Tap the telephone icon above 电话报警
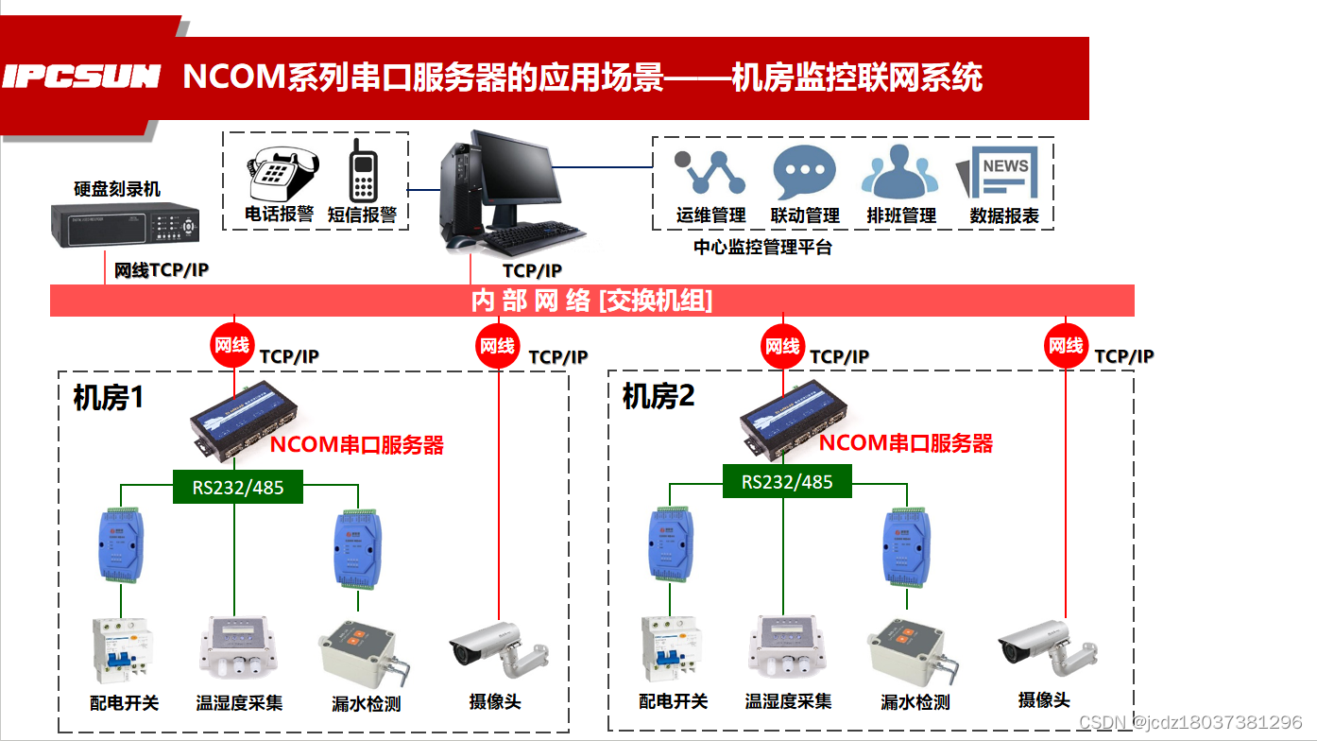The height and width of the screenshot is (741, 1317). tap(280, 174)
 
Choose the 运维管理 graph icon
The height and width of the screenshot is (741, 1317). tap(710, 172)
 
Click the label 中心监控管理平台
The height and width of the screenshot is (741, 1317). tap(762, 249)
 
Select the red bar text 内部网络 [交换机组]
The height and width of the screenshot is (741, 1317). tap(591, 301)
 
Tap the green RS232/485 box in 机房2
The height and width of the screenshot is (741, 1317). tap(787, 482)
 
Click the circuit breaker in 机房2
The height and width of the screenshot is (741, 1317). tap(672, 651)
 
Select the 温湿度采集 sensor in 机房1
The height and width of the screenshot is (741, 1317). tap(238, 648)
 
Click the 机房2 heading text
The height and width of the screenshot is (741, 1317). tap(658, 396)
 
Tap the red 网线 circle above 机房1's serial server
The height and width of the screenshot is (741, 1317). tap(231, 346)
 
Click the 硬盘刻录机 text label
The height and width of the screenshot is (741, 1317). tap(117, 189)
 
